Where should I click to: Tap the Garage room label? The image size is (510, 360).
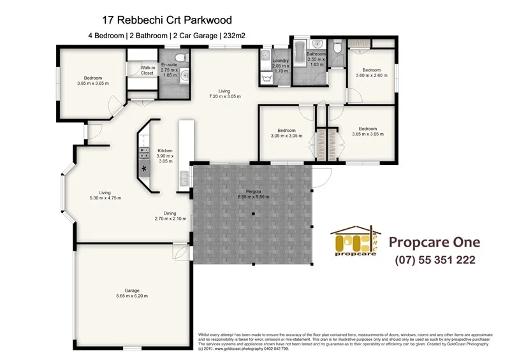[131, 290]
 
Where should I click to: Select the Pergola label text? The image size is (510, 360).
[253, 191]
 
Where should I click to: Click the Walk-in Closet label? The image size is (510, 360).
[147, 70]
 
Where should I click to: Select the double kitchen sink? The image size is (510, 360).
[184, 178]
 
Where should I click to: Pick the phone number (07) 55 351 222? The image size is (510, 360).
[435, 260]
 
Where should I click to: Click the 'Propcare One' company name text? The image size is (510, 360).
[434, 242]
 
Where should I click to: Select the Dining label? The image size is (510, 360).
[170, 213]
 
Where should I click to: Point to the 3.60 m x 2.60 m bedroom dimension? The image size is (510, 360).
[371, 75]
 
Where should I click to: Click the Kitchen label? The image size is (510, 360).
[165, 151]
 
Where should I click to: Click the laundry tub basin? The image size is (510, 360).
[266, 79]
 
